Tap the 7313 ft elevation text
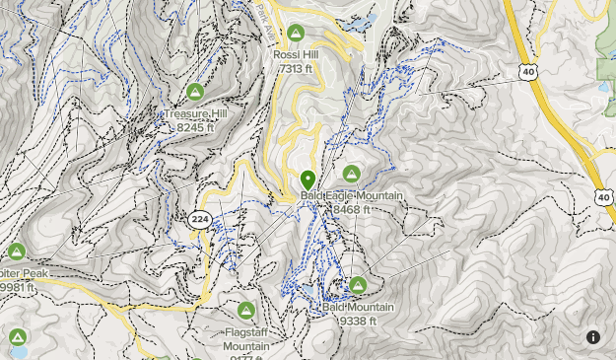[x=296, y=68]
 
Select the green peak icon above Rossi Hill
[x=295, y=34]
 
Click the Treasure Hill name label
[x=196, y=114]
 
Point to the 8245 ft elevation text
[x=195, y=127]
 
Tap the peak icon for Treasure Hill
[x=195, y=93]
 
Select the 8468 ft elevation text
[x=352, y=209]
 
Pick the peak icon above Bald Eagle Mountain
[x=352, y=175]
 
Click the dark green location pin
[x=308, y=180]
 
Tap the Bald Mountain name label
[x=358, y=307]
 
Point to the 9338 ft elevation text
[x=358, y=320]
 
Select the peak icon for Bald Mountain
[x=358, y=285]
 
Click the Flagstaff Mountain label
[x=246, y=339]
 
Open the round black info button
[x=593, y=337]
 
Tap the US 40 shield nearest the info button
[x=602, y=198]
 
